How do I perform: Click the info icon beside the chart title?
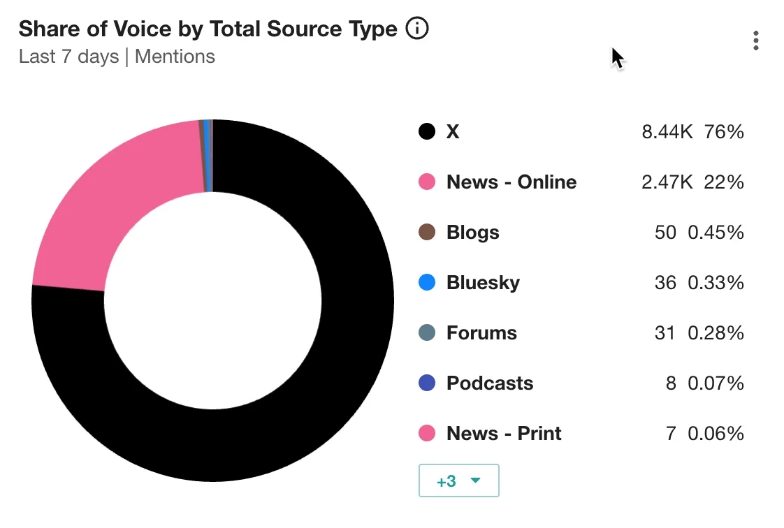[x=417, y=29]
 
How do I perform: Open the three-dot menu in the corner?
[x=756, y=41]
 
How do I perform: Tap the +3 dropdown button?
[x=458, y=481]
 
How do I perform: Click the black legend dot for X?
[x=427, y=131]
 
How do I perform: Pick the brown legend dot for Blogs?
[x=427, y=232]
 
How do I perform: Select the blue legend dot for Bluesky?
[x=427, y=282]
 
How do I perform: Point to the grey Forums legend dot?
[x=427, y=332]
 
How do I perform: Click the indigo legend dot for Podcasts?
[x=427, y=383]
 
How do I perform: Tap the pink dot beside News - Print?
[x=427, y=433]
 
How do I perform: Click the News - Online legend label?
[x=511, y=182]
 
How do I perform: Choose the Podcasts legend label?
[x=489, y=383]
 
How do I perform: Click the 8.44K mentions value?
[x=667, y=131]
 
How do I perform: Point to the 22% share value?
[x=724, y=182]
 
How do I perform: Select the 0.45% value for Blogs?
[x=716, y=232]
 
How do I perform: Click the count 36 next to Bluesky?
[x=665, y=282]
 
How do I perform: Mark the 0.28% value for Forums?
[x=716, y=332]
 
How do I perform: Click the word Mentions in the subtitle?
[x=175, y=56]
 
